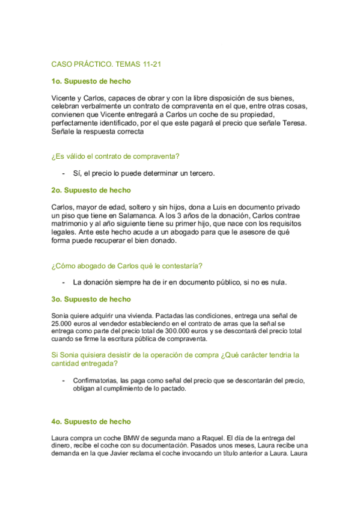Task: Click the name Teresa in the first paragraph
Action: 293,123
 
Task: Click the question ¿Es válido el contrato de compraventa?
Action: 115,157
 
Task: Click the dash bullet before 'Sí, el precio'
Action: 64,173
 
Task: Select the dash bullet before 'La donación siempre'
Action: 64,282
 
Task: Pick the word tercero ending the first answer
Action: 200,173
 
